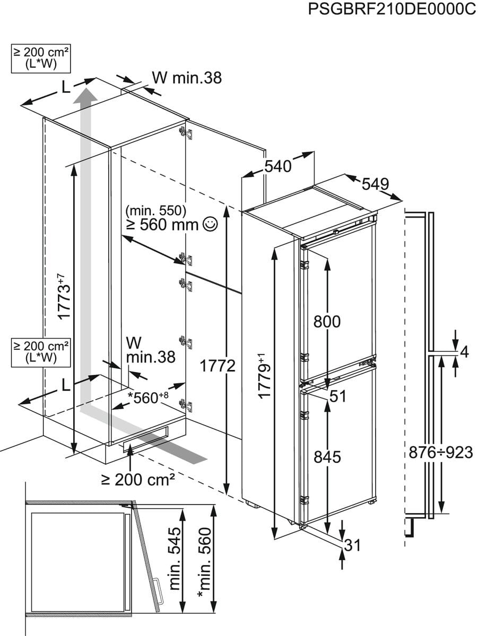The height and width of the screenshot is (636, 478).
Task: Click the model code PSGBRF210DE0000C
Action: pos(392,11)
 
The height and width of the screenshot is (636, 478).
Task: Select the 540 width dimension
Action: pos(279,166)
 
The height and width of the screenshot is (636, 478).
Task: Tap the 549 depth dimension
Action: pos(376,184)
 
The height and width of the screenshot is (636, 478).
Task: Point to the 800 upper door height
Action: pos(327,322)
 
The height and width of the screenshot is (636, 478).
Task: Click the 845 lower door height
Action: pos(327,456)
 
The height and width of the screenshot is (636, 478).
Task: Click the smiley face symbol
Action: pos(211,225)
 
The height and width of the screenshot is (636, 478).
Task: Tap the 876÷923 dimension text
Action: pos(441,452)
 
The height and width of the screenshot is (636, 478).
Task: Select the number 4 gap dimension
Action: pos(465,352)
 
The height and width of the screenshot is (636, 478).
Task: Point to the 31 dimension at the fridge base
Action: pos(352,545)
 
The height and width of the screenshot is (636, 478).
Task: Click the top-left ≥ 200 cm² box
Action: pos(41,58)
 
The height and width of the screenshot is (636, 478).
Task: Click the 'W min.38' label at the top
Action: pos(186,78)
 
